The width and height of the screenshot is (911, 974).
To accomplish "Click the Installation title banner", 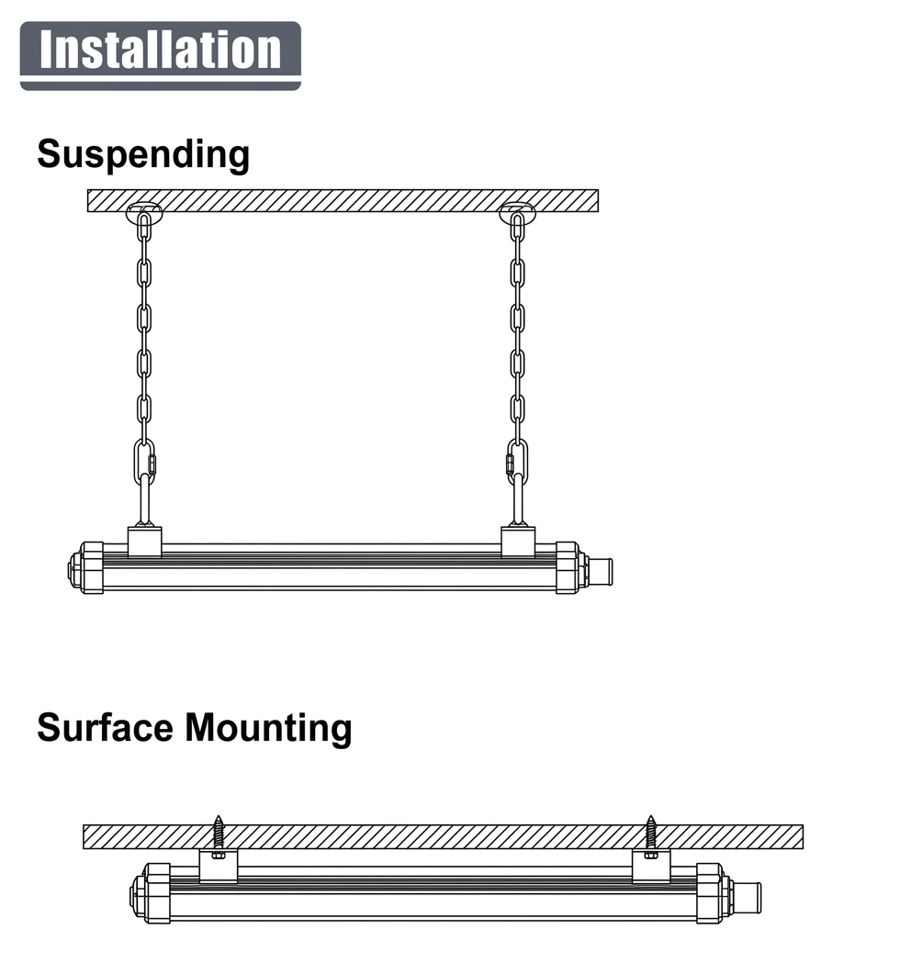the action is click(x=161, y=55).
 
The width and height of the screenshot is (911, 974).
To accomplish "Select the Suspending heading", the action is click(x=143, y=154).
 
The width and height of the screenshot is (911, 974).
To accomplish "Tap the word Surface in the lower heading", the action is click(x=105, y=727).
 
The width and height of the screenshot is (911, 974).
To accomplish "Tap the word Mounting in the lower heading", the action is click(x=268, y=728).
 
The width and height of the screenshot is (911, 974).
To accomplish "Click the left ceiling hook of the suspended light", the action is click(x=144, y=213).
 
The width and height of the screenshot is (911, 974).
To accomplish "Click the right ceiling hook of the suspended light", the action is click(x=518, y=213).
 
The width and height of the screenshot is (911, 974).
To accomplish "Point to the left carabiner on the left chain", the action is click(x=145, y=462).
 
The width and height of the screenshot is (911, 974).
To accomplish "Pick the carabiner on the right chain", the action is click(x=517, y=462).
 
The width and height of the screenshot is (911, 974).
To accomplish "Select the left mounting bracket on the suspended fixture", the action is click(x=145, y=542).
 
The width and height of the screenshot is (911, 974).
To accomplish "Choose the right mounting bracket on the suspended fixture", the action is click(x=518, y=542).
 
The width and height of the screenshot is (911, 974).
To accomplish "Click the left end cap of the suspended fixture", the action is click(x=85, y=567).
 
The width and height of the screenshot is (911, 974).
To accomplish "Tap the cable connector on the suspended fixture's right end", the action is click(x=601, y=572).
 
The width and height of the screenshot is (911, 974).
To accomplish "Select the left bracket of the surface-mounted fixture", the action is click(x=219, y=866).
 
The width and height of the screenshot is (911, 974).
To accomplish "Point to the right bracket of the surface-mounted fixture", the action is click(x=650, y=866).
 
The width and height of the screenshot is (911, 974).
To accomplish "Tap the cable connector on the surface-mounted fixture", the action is click(x=748, y=898).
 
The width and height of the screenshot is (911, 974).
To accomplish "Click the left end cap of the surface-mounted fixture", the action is click(x=150, y=893).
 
